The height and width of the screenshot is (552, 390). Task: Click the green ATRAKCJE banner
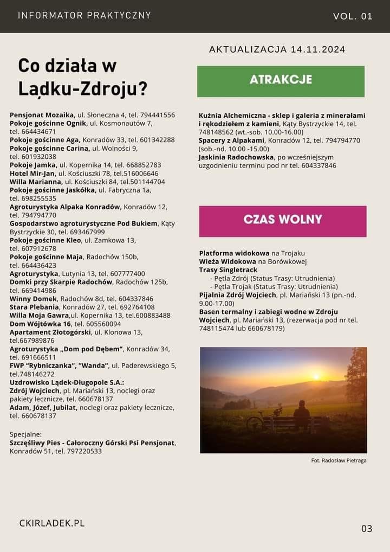click(281, 80)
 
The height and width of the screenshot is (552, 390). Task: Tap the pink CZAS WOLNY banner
click(282, 220)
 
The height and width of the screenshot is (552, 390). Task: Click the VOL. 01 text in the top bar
click(353, 16)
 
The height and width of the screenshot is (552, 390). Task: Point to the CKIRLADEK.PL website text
click(52, 523)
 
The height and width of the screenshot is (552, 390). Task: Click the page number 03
click(367, 528)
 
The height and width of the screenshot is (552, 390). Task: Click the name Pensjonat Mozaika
click(42, 115)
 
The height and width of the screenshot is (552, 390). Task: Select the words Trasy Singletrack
click(228, 269)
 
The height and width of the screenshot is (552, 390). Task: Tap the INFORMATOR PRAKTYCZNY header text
click(84, 16)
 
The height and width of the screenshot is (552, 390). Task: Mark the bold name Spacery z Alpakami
click(232, 140)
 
